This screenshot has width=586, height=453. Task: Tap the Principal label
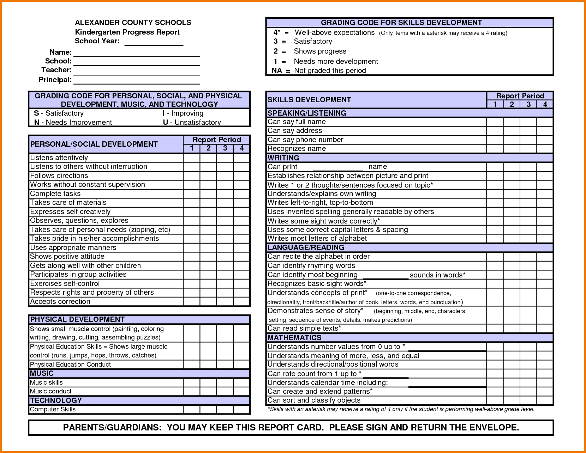click(x=55, y=80)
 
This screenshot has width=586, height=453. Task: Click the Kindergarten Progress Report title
click(x=127, y=32)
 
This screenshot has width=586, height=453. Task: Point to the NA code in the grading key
click(x=277, y=71)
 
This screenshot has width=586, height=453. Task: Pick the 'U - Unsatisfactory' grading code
click(x=192, y=122)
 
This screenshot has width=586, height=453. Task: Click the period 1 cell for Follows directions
click(x=192, y=176)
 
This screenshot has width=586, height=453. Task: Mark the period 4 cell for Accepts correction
click(x=242, y=301)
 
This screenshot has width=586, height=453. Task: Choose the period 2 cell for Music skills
click(x=208, y=382)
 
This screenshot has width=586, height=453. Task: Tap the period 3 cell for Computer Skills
click(x=225, y=409)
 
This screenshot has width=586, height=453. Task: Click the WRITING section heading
click(x=283, y=158)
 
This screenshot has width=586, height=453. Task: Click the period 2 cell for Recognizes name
click(x=512, y=148)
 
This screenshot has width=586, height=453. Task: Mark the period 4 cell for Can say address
click(x=545, y=130)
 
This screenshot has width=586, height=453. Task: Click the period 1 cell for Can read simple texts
click(x=495, y=328)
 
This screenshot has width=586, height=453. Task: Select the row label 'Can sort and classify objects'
click(x=314, y=400)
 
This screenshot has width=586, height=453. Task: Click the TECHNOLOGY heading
click(x=56, y=400)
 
